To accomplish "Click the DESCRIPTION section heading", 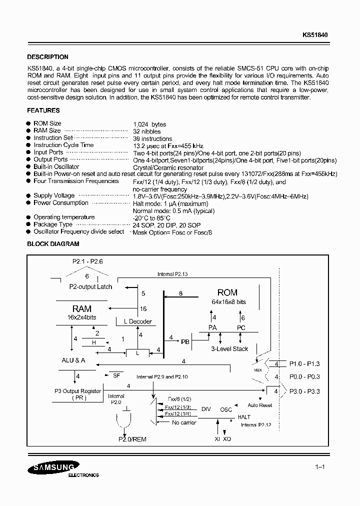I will pos(47,57).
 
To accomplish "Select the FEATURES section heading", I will pos(43,110).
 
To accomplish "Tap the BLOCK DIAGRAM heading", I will pos(53,244).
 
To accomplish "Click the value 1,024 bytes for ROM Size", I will pos(149,124).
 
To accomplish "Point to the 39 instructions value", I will pos(152,138).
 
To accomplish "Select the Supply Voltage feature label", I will pos(54,195).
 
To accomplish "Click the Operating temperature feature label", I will pos(64,217).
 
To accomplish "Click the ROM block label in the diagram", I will pos(227,292).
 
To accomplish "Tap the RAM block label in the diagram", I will pos(81,309).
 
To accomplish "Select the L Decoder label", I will pos(133,321).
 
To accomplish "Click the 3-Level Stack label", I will pos(229,349).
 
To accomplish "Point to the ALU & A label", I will pos(73,360).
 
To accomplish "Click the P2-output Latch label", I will pos(90,287).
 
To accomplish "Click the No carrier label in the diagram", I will pos(184,422).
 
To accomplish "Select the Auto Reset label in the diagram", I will pos(260,405).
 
